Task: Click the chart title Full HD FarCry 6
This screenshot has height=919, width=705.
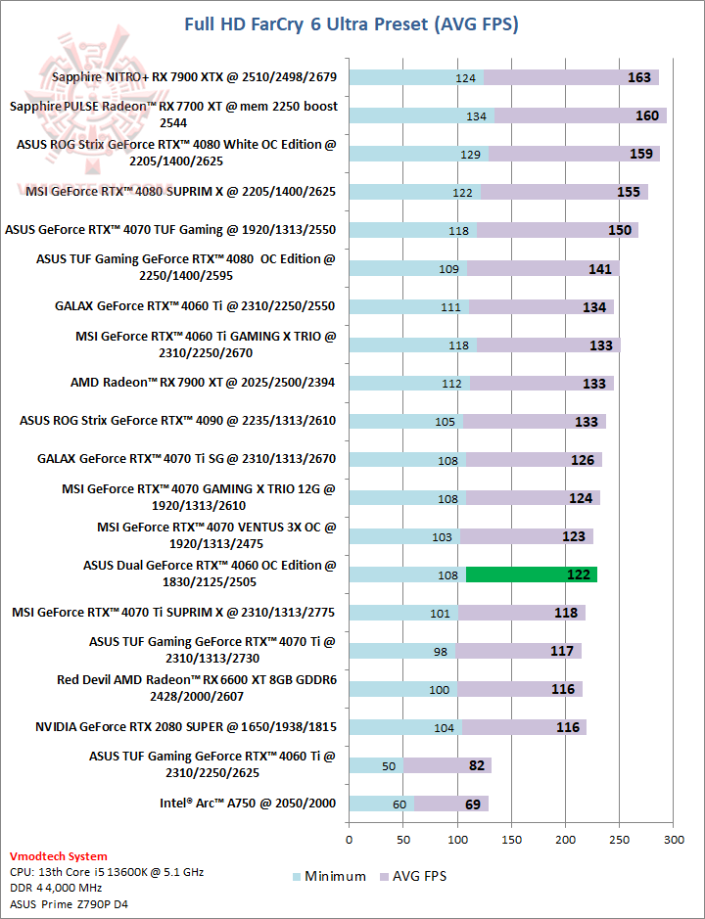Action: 352,23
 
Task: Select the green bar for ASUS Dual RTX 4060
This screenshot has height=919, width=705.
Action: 532,574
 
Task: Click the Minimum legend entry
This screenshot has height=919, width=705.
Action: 329,876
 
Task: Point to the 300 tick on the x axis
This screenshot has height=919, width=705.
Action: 673,839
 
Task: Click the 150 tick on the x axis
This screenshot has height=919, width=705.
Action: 511,839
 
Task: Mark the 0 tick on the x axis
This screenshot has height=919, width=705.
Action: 350,839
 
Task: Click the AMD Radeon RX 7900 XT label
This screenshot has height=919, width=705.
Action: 203,382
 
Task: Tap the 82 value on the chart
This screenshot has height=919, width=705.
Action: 477,765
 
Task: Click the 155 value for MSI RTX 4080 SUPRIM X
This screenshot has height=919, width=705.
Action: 629,192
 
